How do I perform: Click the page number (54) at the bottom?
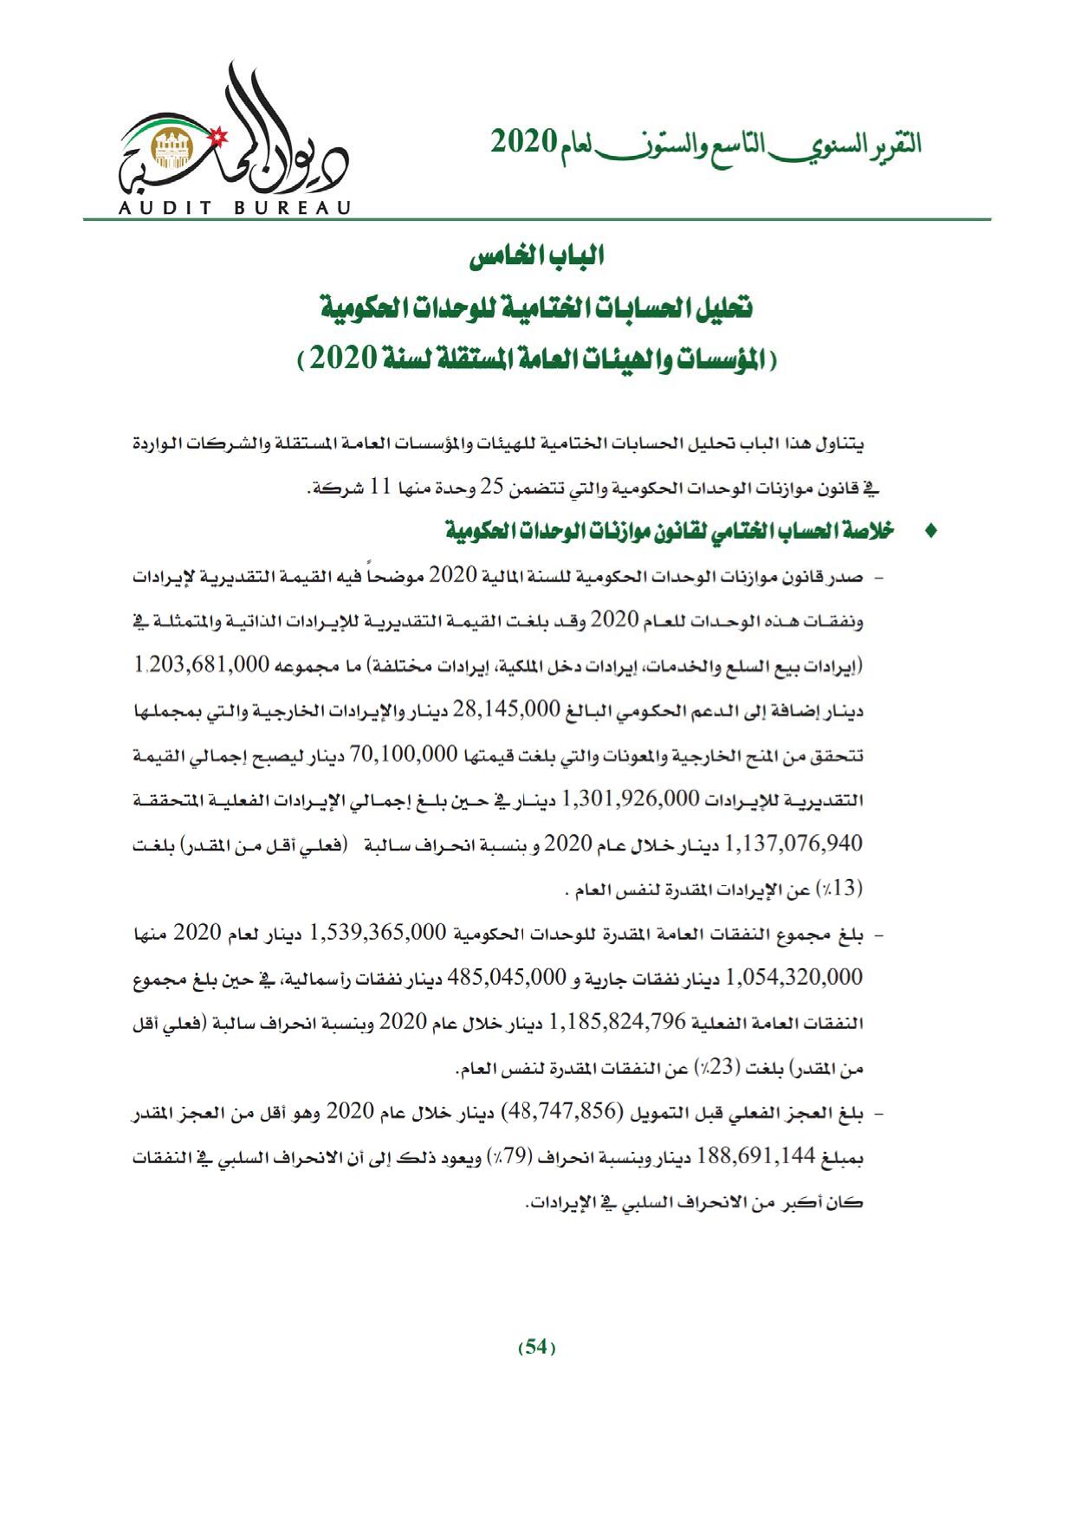pos(536,1347)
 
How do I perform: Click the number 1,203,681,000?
pos(203,665)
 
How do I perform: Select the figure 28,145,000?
pos(502,709)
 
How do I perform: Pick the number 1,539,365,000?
pos(376,933)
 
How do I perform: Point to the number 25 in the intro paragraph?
pos(492,487)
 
